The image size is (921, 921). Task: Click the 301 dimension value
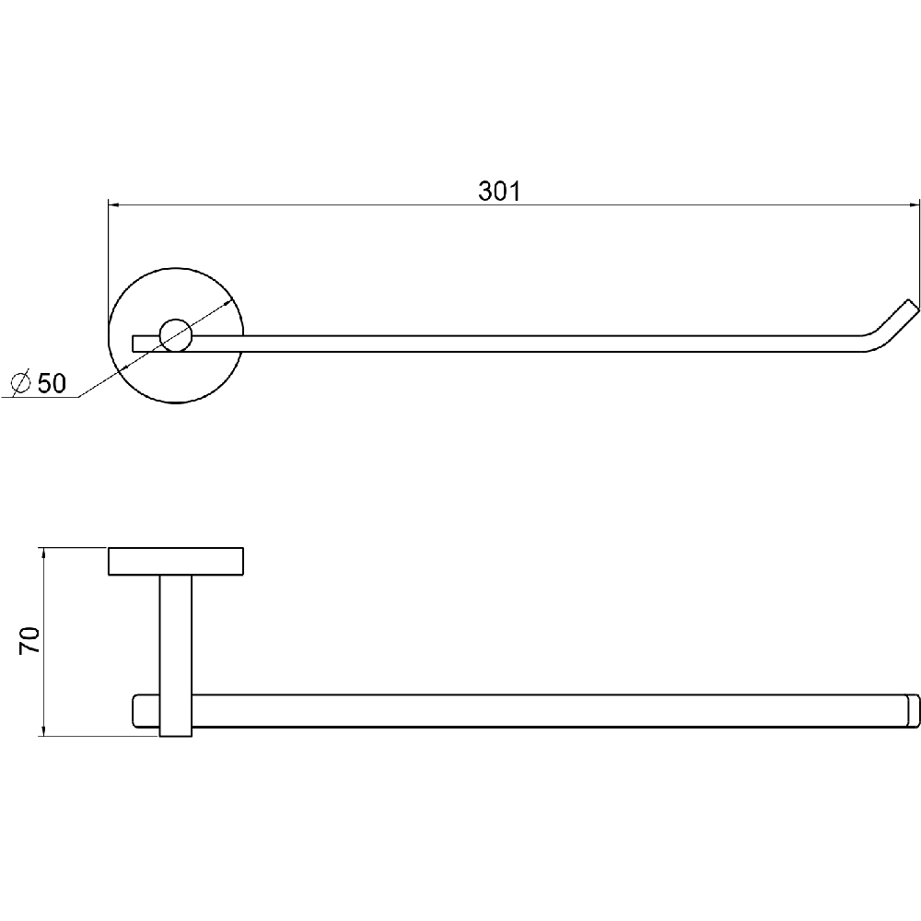click(499, 192)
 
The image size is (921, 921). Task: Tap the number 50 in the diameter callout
click(52, 383)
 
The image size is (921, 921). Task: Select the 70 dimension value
click(29, 640)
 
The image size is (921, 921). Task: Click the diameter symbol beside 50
click(21, 383)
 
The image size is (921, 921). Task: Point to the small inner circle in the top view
click(176, 335)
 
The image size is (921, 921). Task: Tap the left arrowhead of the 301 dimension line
click(114, 205)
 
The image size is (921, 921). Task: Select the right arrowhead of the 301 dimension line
click(913, 205)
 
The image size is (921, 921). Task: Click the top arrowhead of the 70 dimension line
click(41, 554)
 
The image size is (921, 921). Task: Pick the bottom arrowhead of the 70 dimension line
click(41, 729)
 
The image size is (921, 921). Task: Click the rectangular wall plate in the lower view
click(176, 561)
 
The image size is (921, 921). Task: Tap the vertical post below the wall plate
click(176, 655)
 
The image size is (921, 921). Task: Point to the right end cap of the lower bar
click(913, 711)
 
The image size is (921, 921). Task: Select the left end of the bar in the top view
click(134, 344)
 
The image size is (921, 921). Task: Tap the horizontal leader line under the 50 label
click(40, 398)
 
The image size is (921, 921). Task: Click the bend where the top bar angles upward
click(869, 342)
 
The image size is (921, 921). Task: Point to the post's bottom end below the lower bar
click(176, 735)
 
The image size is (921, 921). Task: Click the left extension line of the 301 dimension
click(108, 264)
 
